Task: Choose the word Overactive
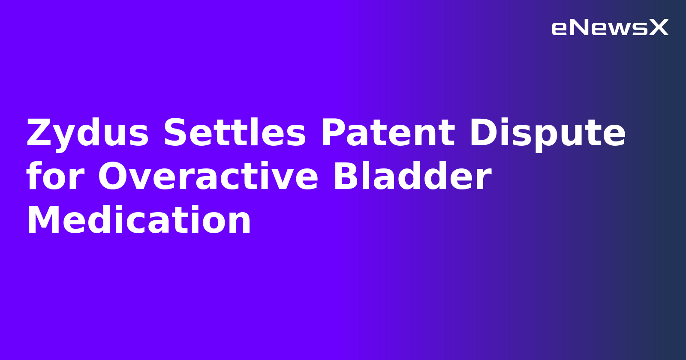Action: point(208,177)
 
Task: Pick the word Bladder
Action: point(412,177)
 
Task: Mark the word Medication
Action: point(139,221)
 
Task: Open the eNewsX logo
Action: point(610,28)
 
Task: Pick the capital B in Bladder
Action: point(346,177)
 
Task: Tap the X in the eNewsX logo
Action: point(659,28)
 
